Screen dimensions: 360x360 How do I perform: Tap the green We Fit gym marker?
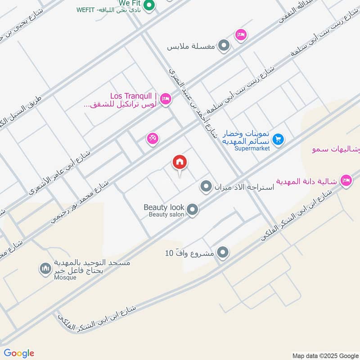pyautogui.click(x=151, y=6)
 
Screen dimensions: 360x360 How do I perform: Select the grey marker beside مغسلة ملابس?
pyautogui.click(x=224, y=45)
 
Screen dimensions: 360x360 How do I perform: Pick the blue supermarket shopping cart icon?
pyautogui.click(x=278, y=140)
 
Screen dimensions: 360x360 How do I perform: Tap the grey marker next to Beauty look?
pyautogui.click(x=193, y=209)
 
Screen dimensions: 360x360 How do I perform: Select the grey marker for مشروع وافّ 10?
pyautogui.click(x=222, y=252)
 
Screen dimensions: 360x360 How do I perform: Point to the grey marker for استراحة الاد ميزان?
pyautogui.click(x=206, y=186)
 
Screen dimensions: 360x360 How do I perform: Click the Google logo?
pyautogui.click(x=19, y=353)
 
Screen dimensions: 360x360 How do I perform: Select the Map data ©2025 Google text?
pyautogui.click(x=325, y=355)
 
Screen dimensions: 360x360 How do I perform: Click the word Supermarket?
pyautogui.click(x=252, y=148)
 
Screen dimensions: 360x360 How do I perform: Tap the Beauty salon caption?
pyautogui.click(x=164, y=215)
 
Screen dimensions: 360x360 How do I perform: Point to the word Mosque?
pyautogui.click(x=64, y=278)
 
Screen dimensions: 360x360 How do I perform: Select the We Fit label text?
pyautogui.click(x=130, y=3)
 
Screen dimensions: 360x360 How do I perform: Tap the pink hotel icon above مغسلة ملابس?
pyautogui.click(x=241, y=35)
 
